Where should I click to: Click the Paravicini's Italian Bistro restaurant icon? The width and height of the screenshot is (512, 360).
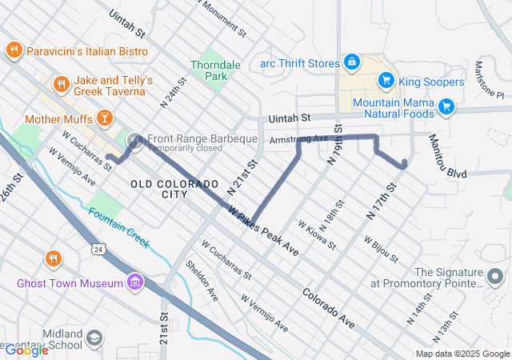(14, 51)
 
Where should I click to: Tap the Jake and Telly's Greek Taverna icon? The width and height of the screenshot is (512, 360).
(61, 84)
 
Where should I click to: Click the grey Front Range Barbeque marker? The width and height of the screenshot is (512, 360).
(135, 139)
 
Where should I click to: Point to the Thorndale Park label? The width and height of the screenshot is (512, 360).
(209, 70)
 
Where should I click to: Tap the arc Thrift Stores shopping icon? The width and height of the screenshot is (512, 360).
(351, 61)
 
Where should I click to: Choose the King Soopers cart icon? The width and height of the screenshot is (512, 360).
(386, 81)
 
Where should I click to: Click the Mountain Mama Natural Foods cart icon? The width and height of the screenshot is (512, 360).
(446, 105)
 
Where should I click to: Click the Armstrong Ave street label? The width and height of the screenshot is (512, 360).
(300, 139)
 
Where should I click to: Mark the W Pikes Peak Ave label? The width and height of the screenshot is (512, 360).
(263, 231)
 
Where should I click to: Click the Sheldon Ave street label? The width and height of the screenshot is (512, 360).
(202, 280)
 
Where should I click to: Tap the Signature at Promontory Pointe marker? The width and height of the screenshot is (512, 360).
(496, 277)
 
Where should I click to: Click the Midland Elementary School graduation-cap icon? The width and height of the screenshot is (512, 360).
(96, 338)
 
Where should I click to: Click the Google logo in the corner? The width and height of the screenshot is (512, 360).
(26, 350)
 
